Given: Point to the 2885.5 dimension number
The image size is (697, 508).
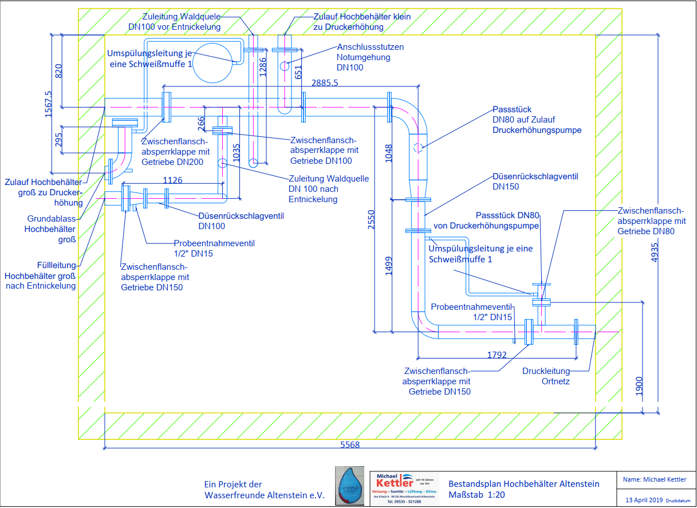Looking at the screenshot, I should (x=325, y=83).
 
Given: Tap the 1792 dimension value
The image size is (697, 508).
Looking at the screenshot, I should (x=497, y=355).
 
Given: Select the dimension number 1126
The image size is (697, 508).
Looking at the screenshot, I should (x=173, y=180).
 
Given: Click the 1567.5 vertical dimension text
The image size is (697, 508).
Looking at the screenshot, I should (x=48, y=104).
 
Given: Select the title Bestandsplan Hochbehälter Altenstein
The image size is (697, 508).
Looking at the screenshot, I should (x=523, y=484).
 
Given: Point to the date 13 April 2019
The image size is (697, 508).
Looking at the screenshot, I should (x=644, y=500).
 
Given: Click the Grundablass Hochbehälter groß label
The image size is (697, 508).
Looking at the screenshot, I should (x=52, y=229).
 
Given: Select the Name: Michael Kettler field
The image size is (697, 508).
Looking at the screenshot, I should (x=654, y=479).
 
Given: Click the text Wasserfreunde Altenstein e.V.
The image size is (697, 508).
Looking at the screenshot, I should (x=264, y=495).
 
